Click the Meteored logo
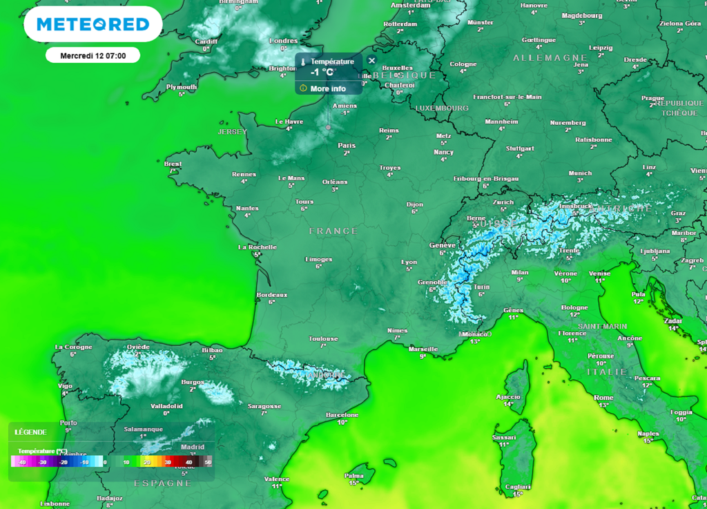[93, 24]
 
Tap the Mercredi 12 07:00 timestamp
[93, 55]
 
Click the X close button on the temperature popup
[371, 61]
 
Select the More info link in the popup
[328, 88]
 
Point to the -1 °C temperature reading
[322, 73]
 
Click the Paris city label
[347, 145]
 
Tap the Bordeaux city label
[271, 295]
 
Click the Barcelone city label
[342, 414]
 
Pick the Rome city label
[603, 397]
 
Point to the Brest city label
[173, 164]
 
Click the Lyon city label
[409, 262]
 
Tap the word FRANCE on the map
[333, 231]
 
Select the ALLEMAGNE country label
[541, 58]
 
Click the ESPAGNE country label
[163, 483]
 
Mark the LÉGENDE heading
[31, 432]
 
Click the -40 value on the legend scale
[23, 462]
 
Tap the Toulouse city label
[323, 338]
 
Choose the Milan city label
[520, 272]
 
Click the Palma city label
[354, 475]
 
